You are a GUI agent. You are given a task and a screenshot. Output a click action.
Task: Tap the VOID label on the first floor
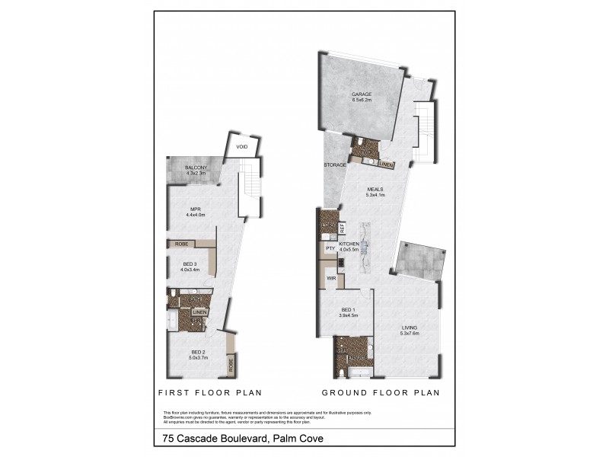(241, 147)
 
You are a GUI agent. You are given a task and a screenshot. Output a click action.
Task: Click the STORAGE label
(335, 165)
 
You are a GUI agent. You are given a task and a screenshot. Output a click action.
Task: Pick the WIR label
(332, 279)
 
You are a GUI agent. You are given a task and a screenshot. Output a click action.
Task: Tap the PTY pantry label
(330, 248)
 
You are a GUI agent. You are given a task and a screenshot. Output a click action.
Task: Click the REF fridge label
(343, 227)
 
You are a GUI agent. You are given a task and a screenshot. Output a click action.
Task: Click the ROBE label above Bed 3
(181, 244)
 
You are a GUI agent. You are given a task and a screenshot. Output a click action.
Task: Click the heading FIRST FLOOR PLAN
(209, 393)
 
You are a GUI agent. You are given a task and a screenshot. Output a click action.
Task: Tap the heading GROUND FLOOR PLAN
(381, 393)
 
